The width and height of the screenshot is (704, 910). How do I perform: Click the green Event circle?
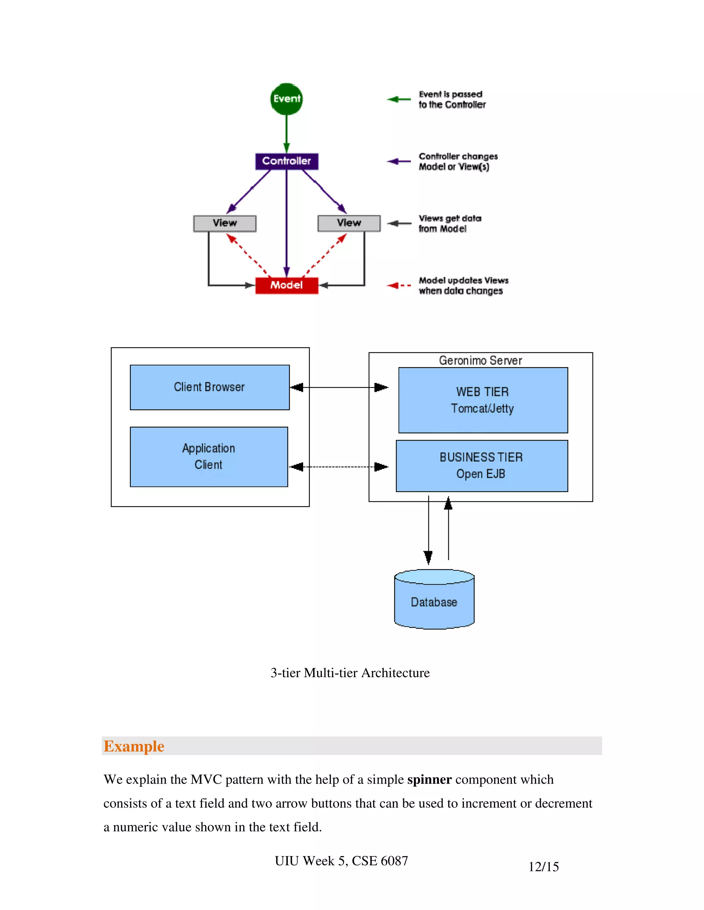pos(287,99)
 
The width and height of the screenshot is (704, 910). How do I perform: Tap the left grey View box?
pos(224,223)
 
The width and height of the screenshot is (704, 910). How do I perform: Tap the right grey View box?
pos(349,223)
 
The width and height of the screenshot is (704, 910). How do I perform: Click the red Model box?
pos(287,285)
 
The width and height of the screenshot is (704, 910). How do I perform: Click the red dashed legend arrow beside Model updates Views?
pos(398,285)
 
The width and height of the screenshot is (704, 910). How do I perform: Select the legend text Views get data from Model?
pos(450,223)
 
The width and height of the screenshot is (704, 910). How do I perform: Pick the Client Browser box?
pos(209,387)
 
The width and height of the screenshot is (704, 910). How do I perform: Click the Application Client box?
pos(209,457)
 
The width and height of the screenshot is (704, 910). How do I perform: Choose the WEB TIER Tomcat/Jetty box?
pos(483,400)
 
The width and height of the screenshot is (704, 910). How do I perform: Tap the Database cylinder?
pos(434,602)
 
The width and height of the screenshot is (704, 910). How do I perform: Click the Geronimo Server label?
pos(480,361)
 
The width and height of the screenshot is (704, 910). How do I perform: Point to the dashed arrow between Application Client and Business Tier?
pos(339,467)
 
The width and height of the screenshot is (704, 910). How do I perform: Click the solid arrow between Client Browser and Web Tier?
pos(339,387)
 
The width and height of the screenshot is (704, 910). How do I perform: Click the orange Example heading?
pos(134,746)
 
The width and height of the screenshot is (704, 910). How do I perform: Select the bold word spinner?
pos(429,780)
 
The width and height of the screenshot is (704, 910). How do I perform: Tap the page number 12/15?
pos(543,867)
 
